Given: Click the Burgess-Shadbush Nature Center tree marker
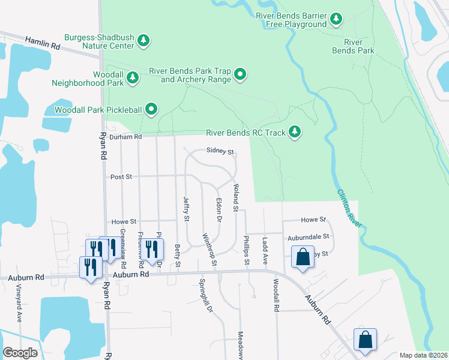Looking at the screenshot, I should click(x=143, y=41).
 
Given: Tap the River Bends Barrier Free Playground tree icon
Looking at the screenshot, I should click(x=336, y=20).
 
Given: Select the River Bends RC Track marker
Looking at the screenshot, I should click(x=294, y=131).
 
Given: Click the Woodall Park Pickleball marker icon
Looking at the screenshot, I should click(x=152, y=109).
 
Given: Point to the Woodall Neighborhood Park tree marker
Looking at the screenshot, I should click(x=133, y=77).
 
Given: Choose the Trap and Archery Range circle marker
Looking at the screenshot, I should click(x=241, y=74).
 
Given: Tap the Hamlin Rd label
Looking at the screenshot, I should click(x=43, y=43).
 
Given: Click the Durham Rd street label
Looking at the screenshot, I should click(x=125, y=137).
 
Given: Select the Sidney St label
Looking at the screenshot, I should click(x=219, y=151).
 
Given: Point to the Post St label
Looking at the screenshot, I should click(x=121, y=177).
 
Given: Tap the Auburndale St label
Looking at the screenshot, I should click(x=309, y=237).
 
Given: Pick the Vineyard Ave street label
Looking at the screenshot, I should click(x=19, y=307).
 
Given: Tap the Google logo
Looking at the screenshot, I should click(x=20, y=353).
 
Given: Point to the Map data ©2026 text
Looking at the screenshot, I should click(x=423, y=355).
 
